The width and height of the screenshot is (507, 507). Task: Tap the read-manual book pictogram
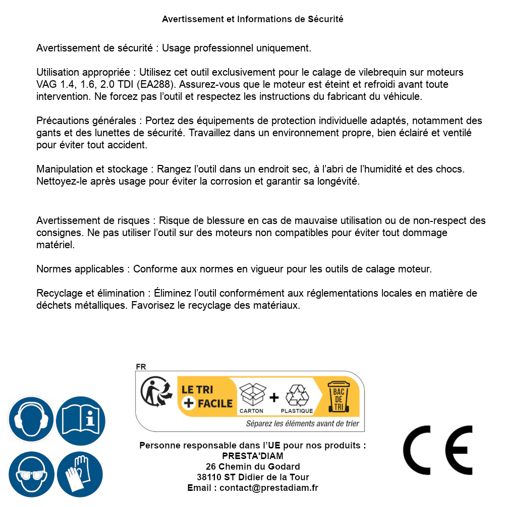tap(81, 419)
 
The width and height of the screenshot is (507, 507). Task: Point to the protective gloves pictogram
tap(81, 474)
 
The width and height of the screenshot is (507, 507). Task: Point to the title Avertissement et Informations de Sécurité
tap(253, 19)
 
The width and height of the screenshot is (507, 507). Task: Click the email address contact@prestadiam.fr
tap(269, 488)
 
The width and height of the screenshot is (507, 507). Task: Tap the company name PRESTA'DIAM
tap(253, 456)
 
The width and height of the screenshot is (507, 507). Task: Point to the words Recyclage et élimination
tap(90, 294)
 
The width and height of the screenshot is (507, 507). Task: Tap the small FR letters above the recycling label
tap(141, 367)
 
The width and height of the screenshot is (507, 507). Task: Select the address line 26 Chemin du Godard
tap(253, 467)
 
